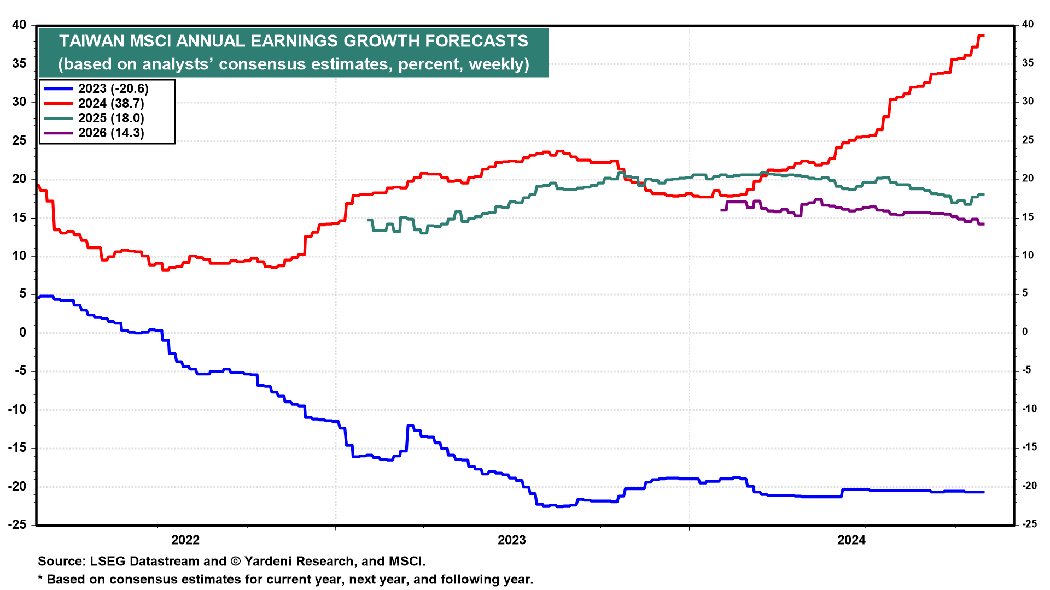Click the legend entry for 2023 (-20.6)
coord(113,88)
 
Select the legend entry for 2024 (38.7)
coord(110,103)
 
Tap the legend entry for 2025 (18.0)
coord(110,118)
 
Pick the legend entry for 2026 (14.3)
coord(110,133)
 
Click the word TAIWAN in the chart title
coord(91,41)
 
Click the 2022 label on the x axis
coord(185,540)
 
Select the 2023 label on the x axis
coord(511,540)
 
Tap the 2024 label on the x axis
coord(851,540)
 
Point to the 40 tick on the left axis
coord(19,25)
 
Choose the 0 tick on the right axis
coord(1025,332)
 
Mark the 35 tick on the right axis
coord(1028,63)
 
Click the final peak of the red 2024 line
coord(981,36)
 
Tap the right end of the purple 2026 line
coord(983,224)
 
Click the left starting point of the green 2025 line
coord(368,220)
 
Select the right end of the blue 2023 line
coord(983,492)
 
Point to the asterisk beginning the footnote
coord(40,578)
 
